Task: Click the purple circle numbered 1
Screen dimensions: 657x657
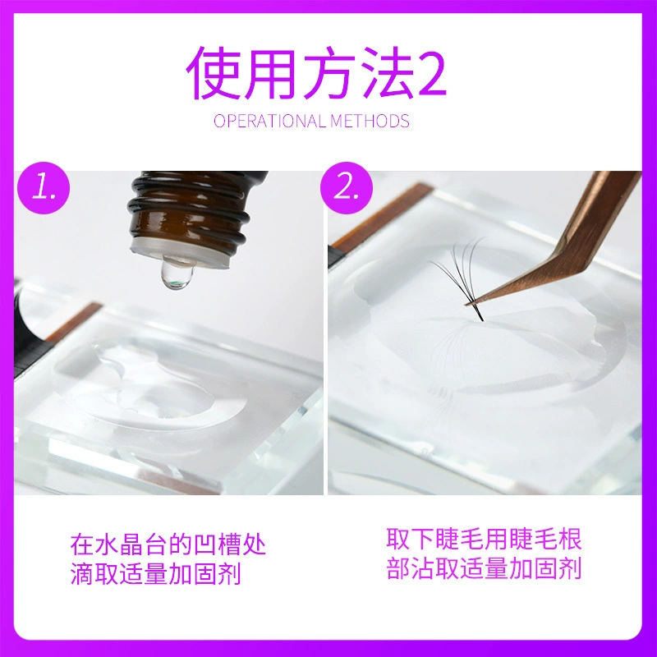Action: [44, 188]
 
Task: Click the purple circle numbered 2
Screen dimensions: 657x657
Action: [346, 188]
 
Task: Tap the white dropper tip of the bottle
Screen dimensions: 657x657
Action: [180, 254]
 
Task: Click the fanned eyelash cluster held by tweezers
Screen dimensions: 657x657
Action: [461, 277]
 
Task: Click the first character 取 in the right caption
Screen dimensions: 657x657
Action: [398, 539]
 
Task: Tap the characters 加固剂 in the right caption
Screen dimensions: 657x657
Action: [545, 568]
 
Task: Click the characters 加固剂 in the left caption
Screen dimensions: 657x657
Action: [204, 573]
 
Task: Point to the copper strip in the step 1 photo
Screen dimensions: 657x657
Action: [74, 321]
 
